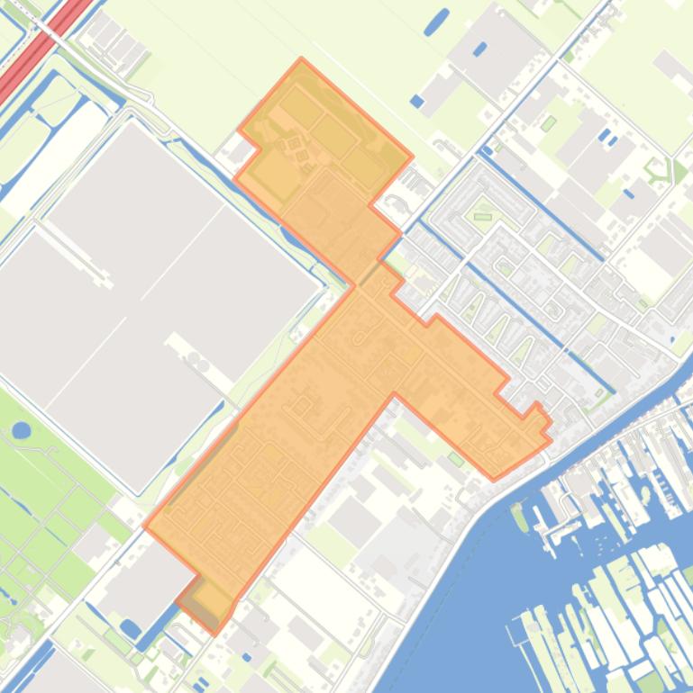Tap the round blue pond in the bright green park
click(x=22, y=430)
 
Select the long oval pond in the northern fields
click(x=436, y=22)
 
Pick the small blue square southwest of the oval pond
click(x=416, y=101)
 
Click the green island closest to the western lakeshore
click(x=520, y=517)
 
